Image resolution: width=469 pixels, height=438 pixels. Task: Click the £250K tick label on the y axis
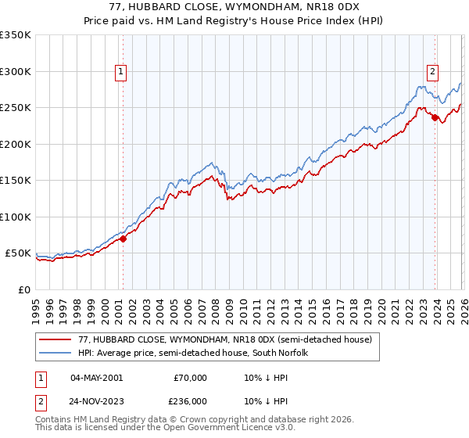coord(16,108)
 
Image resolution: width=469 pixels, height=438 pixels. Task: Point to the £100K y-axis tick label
coord(16,217)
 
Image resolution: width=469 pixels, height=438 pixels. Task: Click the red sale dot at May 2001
coord(123,239)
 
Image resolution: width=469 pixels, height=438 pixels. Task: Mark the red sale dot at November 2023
coord(435,118)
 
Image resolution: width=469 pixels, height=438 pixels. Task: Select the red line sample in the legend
coord(56,339)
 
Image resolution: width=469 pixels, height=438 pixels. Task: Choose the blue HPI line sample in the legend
coord(56,353)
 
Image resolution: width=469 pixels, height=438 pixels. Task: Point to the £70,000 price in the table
coord(190,378)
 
